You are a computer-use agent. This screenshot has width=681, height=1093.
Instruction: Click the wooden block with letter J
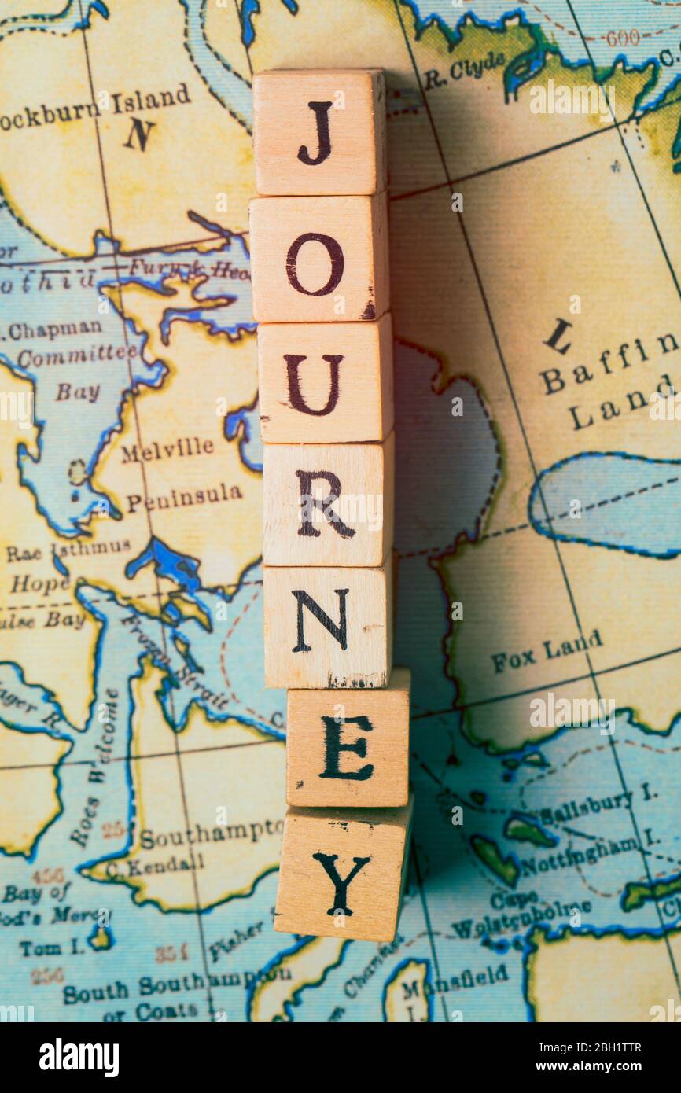319,132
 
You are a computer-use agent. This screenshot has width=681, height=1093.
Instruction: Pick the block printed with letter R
327,503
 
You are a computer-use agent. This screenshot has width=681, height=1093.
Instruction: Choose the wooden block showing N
326,626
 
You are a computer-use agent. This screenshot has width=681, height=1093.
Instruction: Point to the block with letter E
348,747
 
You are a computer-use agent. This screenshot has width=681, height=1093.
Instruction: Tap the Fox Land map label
547,651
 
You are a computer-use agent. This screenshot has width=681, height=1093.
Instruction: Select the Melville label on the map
167,451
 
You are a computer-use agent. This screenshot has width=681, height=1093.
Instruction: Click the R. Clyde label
465,69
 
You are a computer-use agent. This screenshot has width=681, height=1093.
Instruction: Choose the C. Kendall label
154,866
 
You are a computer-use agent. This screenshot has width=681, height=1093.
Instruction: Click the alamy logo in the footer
79,1058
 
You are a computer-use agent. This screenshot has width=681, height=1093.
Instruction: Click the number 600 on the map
622,37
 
